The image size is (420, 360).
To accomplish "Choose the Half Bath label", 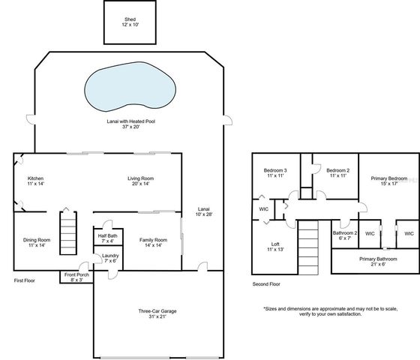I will [106, 238].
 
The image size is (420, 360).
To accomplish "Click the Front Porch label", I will [75, 277].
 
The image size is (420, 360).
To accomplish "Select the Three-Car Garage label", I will [157, 314].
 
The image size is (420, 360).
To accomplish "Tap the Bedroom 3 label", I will [274, 172].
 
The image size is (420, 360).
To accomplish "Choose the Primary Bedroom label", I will [388, 181].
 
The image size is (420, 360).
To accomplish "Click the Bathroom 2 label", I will [345, 235].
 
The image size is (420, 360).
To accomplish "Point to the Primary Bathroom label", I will [377, 261].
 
